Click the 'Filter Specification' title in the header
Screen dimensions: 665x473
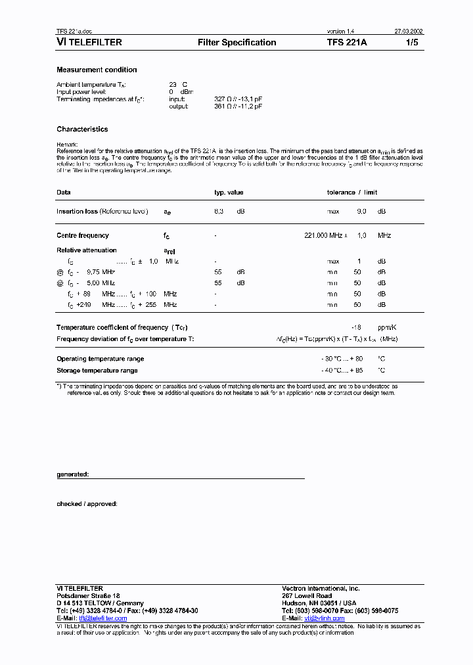236,43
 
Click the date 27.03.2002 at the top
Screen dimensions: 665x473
409,32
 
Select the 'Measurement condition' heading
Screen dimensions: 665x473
97,70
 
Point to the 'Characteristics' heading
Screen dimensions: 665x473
82,129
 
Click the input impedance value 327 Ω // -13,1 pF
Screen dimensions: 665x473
238,99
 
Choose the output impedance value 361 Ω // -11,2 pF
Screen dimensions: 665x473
238,106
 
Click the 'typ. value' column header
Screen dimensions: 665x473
229,193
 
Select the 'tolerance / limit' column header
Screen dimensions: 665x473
352,193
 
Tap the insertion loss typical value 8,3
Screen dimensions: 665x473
219,212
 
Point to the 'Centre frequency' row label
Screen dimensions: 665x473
83,235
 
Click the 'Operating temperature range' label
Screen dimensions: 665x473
100,359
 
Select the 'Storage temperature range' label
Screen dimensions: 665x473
97,371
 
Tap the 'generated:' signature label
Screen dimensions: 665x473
72,474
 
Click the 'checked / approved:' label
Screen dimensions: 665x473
87,504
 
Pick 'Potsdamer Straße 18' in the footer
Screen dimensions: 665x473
88,596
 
